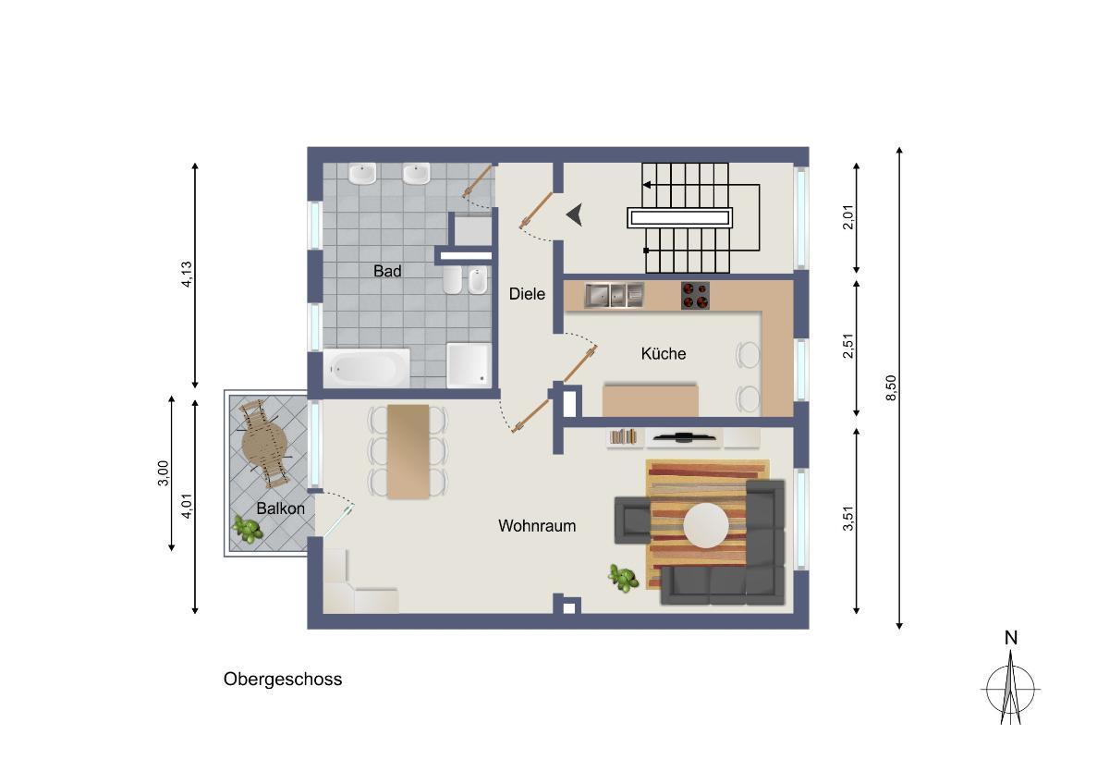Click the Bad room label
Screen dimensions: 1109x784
click(x=387, y=271)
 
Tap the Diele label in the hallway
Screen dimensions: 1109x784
click(x=527, y=294)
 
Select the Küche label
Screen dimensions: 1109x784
click(x=664, y=353)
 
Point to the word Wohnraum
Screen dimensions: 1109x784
click(x=537, y=525)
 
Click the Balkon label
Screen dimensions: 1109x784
click(x=280, y=508)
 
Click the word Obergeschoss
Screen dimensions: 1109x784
click(x=283, y=679)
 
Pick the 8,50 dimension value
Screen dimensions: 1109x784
click(x=891, y=387)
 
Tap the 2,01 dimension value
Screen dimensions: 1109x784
click(x=848, y=217)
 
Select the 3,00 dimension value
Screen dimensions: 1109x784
click(x=163, y=473)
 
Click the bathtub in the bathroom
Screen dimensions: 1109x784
click(x=366, y=368)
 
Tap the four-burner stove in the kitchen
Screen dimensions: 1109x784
click(x=695, y=296)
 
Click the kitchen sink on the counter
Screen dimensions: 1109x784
click(x=614, y=295)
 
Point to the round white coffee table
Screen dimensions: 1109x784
click(x=706, y=525)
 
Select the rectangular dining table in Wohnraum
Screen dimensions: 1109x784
click(x=408, y=451)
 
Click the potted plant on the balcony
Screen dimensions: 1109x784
click(x=248, y=529)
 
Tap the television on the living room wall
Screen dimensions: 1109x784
click(x=683, y=436)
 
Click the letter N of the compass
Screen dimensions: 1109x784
click(x=1011, y=639)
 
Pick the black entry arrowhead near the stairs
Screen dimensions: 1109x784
click(x=574, y=215)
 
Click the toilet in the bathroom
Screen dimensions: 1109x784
click(x=453, y=280)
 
